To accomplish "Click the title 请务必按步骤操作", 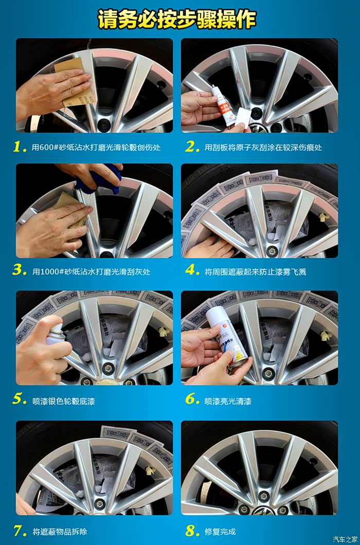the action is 177,19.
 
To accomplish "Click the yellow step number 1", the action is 20,147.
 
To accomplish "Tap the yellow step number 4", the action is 192,270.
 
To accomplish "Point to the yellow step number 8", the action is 192,531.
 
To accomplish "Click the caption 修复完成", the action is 220,532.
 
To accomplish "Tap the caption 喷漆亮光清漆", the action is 228,402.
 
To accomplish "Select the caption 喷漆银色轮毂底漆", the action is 64,402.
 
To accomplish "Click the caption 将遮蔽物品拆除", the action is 60,532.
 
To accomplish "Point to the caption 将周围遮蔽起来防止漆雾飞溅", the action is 255,272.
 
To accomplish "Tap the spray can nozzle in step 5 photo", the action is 57,329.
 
